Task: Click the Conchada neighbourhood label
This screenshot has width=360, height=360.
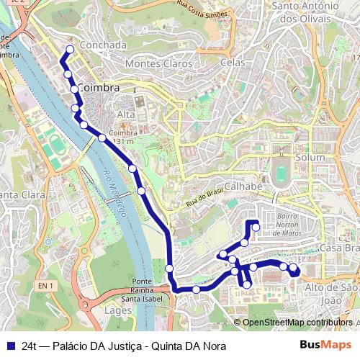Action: click(x=104, y=45)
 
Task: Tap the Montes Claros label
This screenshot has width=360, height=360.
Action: click(x=159, y=63)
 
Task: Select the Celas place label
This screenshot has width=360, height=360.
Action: click(x=233, y=63)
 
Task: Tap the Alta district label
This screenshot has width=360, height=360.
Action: click(x=126, y=114)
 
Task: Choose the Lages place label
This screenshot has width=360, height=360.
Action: click(x=118, y=310)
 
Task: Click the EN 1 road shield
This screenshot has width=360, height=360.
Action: click(x=46, y=286)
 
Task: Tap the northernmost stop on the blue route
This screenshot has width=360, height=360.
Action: click(x=70, y=50)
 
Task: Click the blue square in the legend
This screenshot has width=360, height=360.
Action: click(x=10, y=346)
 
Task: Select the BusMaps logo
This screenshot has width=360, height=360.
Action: click(x=325, y=345)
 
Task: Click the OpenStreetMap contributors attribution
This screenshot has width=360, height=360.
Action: click(x=297, y=323)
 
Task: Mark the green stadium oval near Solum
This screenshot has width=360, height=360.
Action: click(x=281, y=174)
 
